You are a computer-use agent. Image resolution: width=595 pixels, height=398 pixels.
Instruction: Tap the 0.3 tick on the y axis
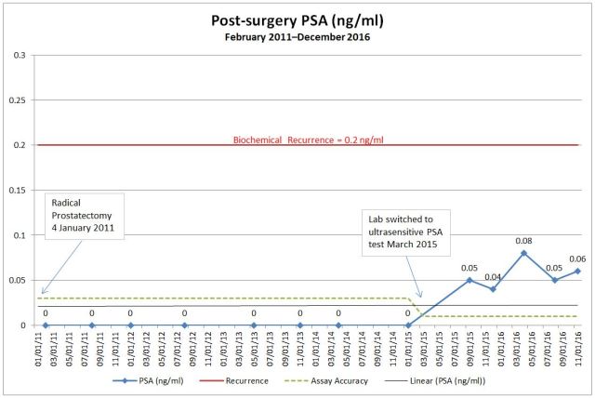pos(19,56)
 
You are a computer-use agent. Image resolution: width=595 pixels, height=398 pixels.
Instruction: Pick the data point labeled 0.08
pos(524,253)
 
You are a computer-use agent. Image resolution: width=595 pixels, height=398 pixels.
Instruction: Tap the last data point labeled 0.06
pos(578,271)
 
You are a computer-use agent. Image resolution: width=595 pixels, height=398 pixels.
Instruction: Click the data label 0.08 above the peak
pos(524,240)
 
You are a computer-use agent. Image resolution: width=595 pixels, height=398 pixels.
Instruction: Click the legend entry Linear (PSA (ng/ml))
pos(442,381)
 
